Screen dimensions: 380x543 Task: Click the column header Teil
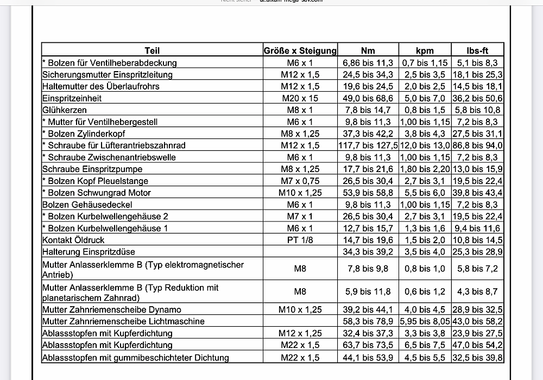coord(152,50)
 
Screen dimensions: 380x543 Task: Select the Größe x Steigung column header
coord(300,50)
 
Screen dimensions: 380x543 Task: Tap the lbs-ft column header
coord(477,50)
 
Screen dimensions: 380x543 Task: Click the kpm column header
coord(425,50)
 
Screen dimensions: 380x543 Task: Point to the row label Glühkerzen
coord(65,110)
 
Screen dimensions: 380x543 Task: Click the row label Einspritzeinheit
coord(72,98)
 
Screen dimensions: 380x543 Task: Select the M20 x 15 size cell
coord(300,98)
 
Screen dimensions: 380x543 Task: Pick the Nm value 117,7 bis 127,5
coord(368,145)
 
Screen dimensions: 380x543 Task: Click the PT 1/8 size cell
coord(300,240)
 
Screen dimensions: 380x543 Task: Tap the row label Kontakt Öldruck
coord(73,240)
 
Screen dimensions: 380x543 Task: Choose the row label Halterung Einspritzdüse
coord(89,252)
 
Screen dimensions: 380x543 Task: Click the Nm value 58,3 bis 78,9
coord(368,321)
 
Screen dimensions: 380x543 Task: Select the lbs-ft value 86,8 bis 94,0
coord(477,145)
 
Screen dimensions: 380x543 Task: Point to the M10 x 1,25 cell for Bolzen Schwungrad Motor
coord(300,193)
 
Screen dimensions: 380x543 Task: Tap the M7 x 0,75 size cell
coord(300,181)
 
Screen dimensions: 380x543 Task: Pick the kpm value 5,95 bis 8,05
coord(425,321)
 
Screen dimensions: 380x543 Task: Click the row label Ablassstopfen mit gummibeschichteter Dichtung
coord(136,357)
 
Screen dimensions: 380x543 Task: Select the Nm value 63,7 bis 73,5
coord(368,345)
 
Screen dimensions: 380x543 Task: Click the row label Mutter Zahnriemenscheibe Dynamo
coord(112,309)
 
